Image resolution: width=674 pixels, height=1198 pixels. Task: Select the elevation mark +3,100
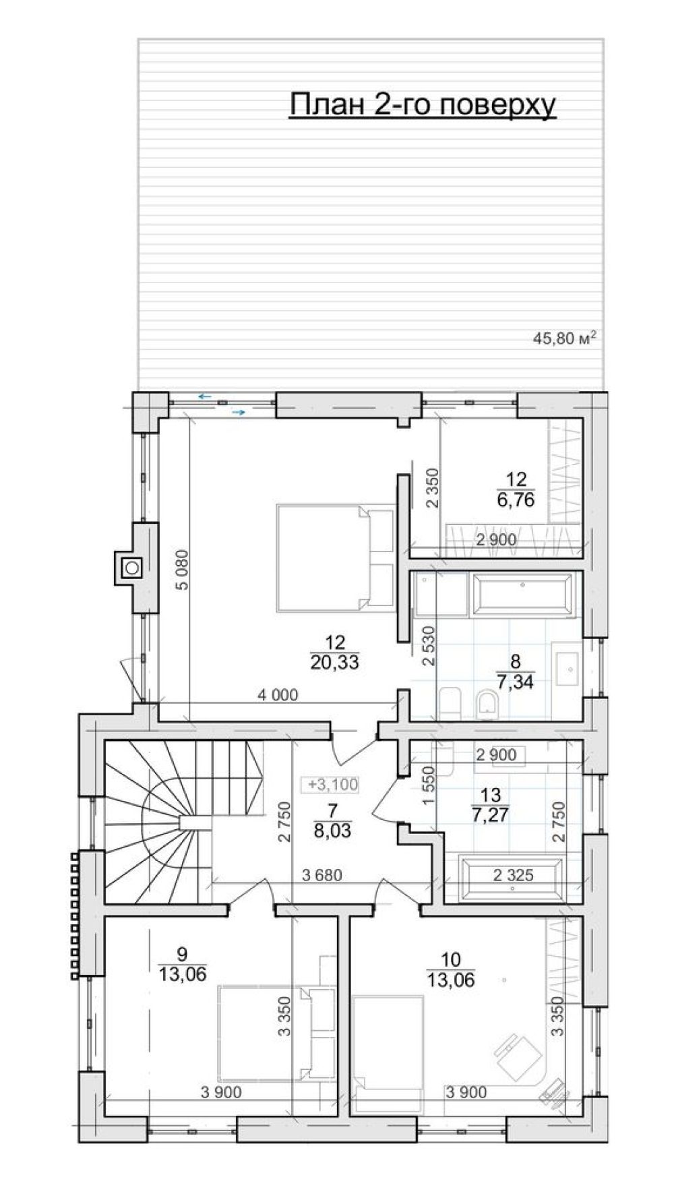tap(333, 784)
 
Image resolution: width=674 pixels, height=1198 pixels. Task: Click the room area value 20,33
tap(334, 663)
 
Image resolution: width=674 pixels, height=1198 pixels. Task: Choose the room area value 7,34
tap(515, 682)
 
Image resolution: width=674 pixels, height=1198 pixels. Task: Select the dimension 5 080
tap(181, 570)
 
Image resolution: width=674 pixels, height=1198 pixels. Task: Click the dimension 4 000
tap(276, 694)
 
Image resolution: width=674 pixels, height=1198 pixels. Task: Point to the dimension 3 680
tap(322, 876)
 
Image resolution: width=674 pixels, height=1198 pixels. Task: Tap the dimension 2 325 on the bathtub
tap(514, 876)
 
